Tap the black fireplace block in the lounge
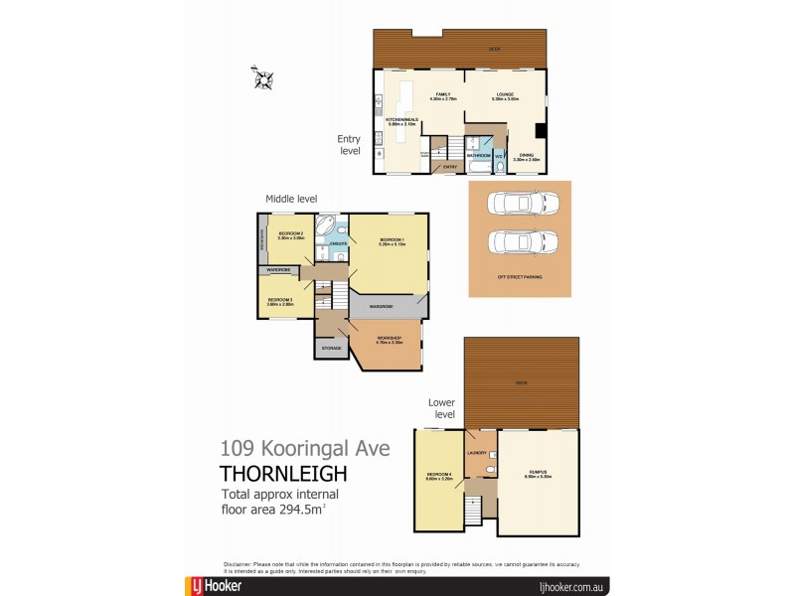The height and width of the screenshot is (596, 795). point(539,131)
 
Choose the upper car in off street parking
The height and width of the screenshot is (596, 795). point(519,203)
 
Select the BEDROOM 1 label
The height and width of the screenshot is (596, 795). point(392,240)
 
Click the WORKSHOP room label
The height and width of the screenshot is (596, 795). point(388,340)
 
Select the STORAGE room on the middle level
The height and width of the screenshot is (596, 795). point(329,348)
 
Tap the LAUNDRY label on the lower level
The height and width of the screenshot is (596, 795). point(475,452)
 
